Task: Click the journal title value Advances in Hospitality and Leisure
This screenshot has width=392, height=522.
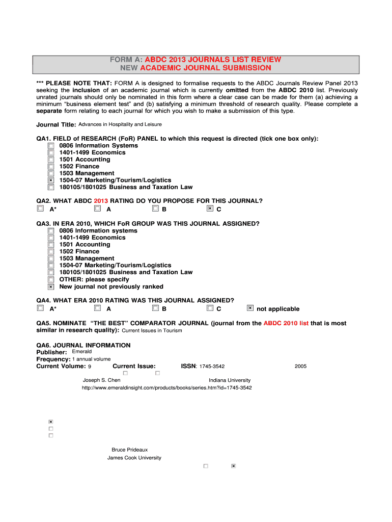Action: [120, 124]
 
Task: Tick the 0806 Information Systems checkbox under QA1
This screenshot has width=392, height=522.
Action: [51, 146]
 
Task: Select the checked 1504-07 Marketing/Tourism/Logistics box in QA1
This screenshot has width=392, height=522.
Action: [51, 180]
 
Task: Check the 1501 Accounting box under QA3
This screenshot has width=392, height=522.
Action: [51, 245]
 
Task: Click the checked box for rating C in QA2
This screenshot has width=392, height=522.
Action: [210, 208]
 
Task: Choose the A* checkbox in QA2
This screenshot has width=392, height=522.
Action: [40, 208]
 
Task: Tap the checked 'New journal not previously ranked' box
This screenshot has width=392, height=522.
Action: [51, 286]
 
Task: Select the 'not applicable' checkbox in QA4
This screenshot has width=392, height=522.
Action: [250, 308]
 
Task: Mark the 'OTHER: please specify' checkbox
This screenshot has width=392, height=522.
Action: [51, 279]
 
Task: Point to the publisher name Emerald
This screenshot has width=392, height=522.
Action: [82, 352]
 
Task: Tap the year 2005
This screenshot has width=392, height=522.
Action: [300, 367]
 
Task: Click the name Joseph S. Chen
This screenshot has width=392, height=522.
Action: [101, 380]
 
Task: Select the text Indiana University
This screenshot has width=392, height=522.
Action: [230, 380]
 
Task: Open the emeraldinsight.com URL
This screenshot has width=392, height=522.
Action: [166, 388]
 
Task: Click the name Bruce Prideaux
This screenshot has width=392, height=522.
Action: [130, 450]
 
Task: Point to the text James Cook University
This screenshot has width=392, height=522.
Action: [134, 458]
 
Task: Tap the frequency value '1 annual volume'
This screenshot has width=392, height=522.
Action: [92, 359]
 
